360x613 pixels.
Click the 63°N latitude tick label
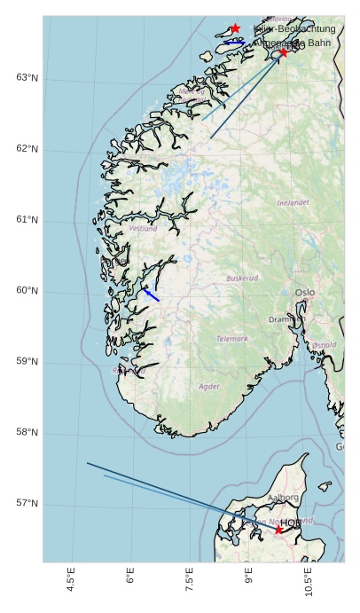click(27, 78)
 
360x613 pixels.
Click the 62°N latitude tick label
click(27, 149)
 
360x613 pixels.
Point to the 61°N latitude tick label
click(27, 220)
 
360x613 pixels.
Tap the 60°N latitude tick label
click(27, 291)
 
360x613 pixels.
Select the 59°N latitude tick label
click(27, 362)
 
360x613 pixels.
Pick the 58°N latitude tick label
click(27, 433)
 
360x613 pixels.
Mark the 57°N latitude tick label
click(27, 504)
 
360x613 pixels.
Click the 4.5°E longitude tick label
click(71, 582)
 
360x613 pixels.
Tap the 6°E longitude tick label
click(130, 578)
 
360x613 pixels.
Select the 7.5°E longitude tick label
click(190, 582)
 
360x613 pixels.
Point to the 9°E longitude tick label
click(249, 578)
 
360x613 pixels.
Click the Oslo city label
click(305, 292)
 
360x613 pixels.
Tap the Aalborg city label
click(283, 498)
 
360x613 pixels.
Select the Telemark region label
click(232, 339)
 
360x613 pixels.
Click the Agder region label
click(209, 387)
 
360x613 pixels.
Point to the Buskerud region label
click(242, 278)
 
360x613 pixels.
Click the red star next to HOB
click(278, 530)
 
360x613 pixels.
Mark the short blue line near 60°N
click(152, 295)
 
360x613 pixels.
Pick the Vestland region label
click(143, 228)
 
